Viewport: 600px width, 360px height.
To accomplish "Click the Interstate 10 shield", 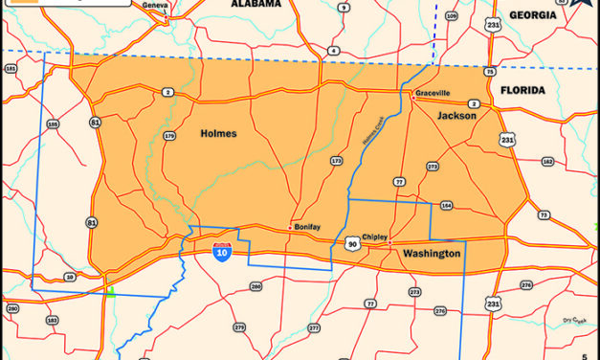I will coord(222,251).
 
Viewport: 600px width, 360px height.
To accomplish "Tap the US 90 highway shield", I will coord(352,244).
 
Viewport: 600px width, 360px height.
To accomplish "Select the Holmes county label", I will coord(219,133).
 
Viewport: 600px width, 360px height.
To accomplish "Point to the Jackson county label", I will coord(456,115).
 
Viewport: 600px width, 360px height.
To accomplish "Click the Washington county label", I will coord(431,254).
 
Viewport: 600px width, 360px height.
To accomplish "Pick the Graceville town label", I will coord(433,93).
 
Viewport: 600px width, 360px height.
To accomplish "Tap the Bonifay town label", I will coord(307,227).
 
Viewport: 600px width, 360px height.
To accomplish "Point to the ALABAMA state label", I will coord(256,5).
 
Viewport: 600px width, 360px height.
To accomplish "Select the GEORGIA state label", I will coord(533,15).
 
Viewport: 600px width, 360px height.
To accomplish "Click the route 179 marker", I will coord(170,136).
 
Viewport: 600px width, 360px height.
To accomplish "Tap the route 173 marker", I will coord(336,161).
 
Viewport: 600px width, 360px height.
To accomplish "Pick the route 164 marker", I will coord(446,205).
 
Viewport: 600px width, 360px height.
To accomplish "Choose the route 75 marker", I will coord(489,71).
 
